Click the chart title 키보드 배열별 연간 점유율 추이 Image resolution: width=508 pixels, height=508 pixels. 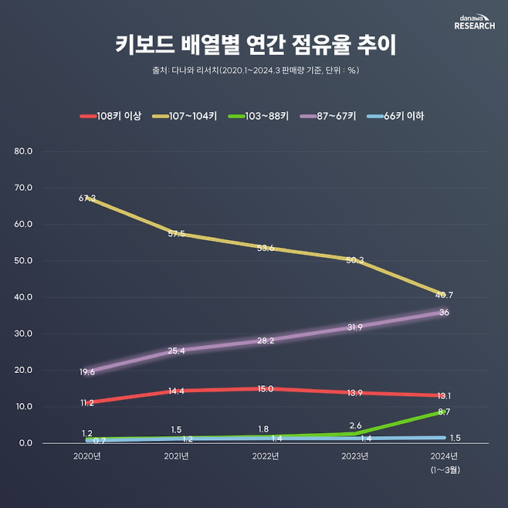click(254, 45)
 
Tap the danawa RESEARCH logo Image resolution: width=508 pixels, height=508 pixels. click(474, 22)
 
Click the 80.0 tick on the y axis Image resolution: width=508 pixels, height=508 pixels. click(24, 151)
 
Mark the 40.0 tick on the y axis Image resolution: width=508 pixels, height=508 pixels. click(24, 297)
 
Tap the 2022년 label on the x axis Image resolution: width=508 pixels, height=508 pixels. click(266, 456)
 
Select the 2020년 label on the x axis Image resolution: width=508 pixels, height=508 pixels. click(86, 456)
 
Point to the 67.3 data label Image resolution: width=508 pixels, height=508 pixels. click(87, 198)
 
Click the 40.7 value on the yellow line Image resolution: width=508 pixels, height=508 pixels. click(444, 295)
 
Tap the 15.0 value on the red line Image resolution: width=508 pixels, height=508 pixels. click(266, 389)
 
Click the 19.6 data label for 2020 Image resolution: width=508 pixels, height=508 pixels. click(87, 372)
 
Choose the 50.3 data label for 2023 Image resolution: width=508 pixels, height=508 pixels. click(355, 260)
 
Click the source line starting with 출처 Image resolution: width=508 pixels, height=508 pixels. click(254, 70)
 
